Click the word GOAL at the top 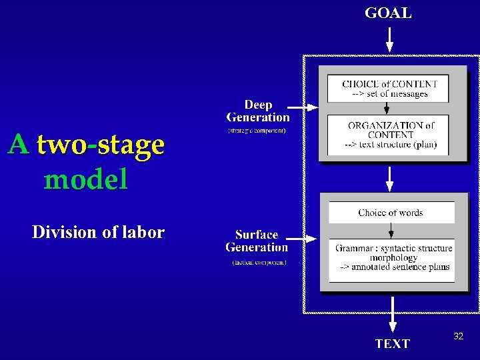(x=388, y=13)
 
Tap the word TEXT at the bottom (x=392, y=343)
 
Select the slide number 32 (x=458, y=337)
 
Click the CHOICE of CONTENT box (x=389, y=89)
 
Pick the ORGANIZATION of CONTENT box (x=389, y=135)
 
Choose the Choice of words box (x=391, y=213)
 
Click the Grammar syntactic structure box (x=392, y=258)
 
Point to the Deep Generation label (x=258, y=111)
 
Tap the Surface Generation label (x=257, y=241)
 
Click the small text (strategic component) (x=257, y=131)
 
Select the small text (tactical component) (x=259, y=263)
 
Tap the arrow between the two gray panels (x=390, y=179)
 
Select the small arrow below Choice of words (x=391, y=231)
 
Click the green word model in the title (x=85, y=179)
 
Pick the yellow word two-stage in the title (x=101, y=145)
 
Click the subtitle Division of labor (x=98, y=232)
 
